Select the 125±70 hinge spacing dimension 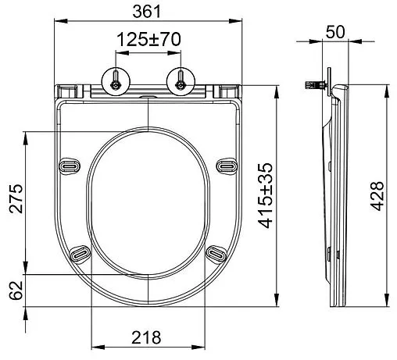[x=147, y=39]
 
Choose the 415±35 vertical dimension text [x=266, y=194]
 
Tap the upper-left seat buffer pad [x=70, y=166]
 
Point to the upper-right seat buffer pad [x=227, y=166]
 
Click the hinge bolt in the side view [x=316, y=84]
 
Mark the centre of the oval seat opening [x=148, y=200]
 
